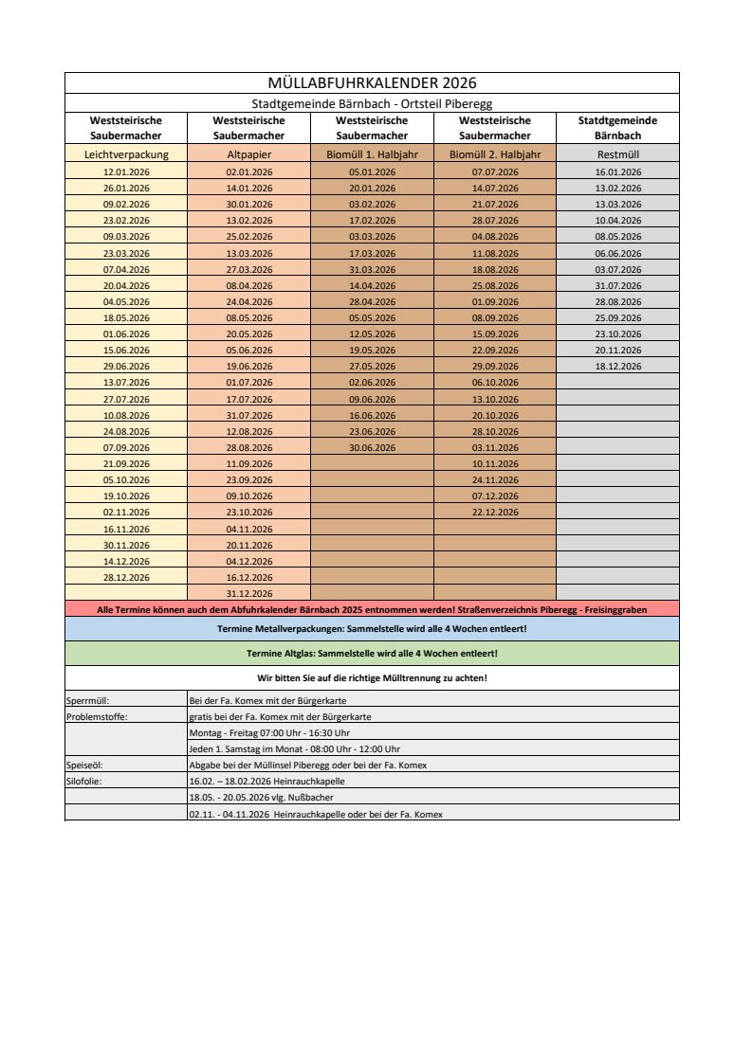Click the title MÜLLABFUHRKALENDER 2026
pyautogui.click(x=372, y=83)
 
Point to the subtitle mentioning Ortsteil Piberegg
pyautogui.click(x=372, y=103)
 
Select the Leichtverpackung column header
pyautogui.click(x=126, y=153)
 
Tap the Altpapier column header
pyautogui.click(x=249, y=153)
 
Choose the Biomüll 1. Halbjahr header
pyautogui.click(x=372, y=153)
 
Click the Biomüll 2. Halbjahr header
pyautogui.click(x=495, y=153)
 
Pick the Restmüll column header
pyautogui.click(x=618, y=153)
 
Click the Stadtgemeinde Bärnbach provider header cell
pyautogui.click(x=618, y=128)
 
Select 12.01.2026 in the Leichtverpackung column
pyautogui.click(x=126, y=171)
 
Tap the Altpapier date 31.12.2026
pyautogui.click(x=249, y=593)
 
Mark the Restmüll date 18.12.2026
pyautogui.click(x=618, y=366)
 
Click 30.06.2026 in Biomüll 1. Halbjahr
pyautogui.click(x=372, y=447)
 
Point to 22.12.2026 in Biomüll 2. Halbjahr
pyautogui.click(x=495, y=512)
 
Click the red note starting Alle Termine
pyautogui.click(x=372, y=610)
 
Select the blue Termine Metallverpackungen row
pyautogui.click(x=372, y=629)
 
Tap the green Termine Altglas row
pyautogui.click(x=372, y=654)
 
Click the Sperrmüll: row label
pyautogui.click(x=85, y=700)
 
